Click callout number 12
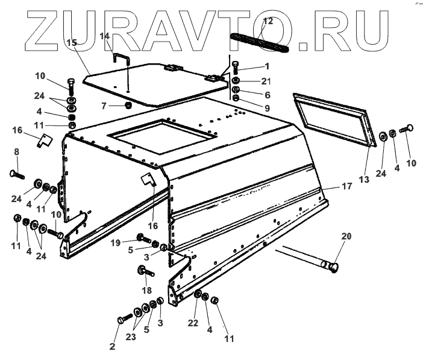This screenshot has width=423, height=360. (x=268, y=21)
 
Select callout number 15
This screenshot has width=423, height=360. (x=72, y=43)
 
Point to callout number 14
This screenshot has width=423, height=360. (x=104, y=37)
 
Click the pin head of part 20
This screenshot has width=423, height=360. (x=333, y=265)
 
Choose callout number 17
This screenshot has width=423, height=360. (x=346, y=187)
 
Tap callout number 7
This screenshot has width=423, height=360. (x=104, y=106)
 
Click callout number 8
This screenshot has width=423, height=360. (x=17, y=153)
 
